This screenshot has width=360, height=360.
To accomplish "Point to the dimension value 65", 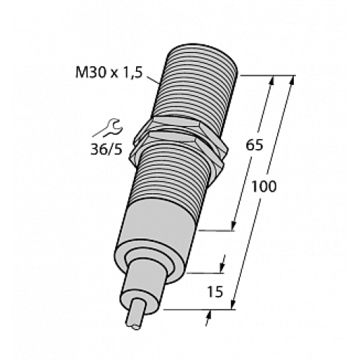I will [255, 145].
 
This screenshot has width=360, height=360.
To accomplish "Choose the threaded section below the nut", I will [173, 180].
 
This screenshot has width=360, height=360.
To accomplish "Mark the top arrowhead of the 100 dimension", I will [292, 81].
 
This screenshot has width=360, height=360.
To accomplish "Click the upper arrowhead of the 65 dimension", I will [273, 81].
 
